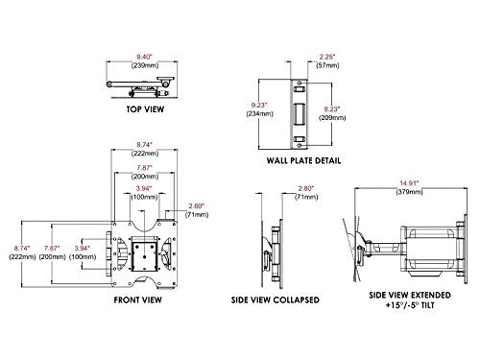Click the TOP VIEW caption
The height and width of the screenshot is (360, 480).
142,109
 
